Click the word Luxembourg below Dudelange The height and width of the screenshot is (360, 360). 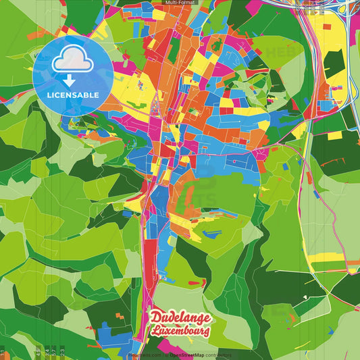click(181, 331)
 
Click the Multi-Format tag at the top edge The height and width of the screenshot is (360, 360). click(180, 3)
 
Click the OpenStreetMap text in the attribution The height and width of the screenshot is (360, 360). click(190, 355)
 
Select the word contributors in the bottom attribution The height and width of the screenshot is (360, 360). click(217, 355)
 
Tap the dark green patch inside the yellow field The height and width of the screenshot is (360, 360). click(333, 63)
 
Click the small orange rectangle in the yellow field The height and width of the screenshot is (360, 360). click(336, 135)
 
